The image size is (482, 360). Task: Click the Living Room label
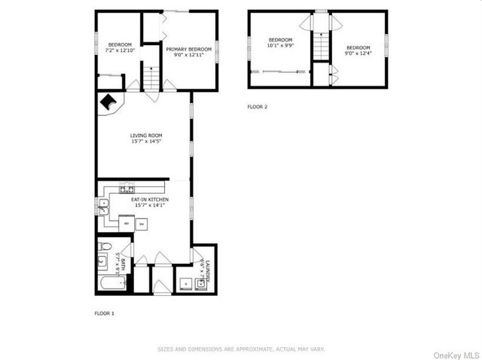[x=146, y=138]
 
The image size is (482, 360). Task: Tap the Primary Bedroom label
[x=189, y=51]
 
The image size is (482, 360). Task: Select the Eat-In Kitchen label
[x=151, y=202]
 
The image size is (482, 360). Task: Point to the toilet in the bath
[x=105, y=247]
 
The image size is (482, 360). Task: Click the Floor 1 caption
[x=104, y=313]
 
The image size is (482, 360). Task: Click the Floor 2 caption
[x=258, y=107]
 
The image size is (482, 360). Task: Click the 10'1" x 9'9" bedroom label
[x=281, y=42]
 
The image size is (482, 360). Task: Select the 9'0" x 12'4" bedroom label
[x=358, y=50]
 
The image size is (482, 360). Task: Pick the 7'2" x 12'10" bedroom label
[x=120, y=47]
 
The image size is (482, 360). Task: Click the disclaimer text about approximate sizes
[x=241, y=349]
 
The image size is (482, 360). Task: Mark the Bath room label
[x=117, y=261]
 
